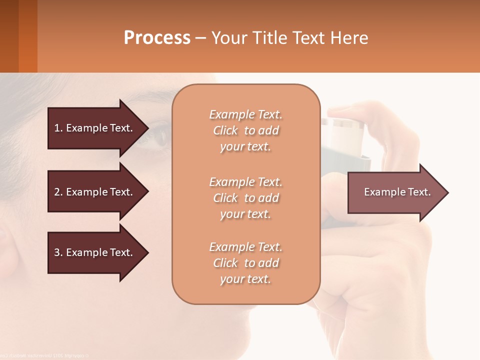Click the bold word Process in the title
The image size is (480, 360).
pyautogui.click(x=157, y=38)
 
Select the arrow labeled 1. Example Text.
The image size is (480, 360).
pyautogui.click(x=95, y=128)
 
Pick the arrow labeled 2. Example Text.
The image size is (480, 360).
pyautogui.click(x=95, y=192)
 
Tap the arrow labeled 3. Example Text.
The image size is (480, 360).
pyautogui.click(x=95, y=252)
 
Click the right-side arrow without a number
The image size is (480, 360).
pyautogui.click(x=395, y=192)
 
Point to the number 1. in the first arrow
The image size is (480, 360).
pyautogui.click(x=58, y=128)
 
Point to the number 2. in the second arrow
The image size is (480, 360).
pyautogui.click(x=58, y=192)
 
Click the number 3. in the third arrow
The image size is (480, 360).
pyautogui.click(x=58, y=252)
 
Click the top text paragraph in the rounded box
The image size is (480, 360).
pyautogui.click(x=245, y=130)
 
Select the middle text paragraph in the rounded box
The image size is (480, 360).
pyautogui.click(x=245, y=198)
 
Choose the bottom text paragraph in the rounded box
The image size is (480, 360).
pyautogui.click(x=245, y=263)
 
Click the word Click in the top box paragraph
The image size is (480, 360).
pyautogui.click(x=225, y=130)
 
